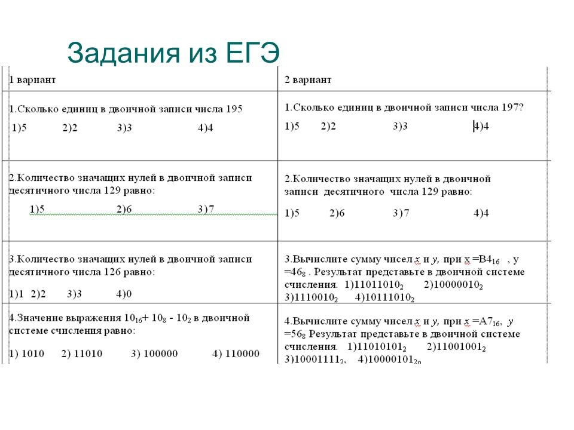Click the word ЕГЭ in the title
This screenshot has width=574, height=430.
click(x=254, y=53)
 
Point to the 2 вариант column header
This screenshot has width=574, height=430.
click(x=308, y=79)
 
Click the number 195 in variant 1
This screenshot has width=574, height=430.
click(x=234, y=109)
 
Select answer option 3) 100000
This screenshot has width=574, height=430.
click(x=154, y=354)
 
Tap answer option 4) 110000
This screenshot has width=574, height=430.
click(x=236, y=354)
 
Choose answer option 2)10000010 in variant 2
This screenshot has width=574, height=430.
click(x=453, y=284)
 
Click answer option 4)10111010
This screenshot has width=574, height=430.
click(x=385, y=297)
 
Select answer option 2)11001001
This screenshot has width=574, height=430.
click(x=456, y=347)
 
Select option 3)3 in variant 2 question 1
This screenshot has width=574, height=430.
click(x=400, y=126)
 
